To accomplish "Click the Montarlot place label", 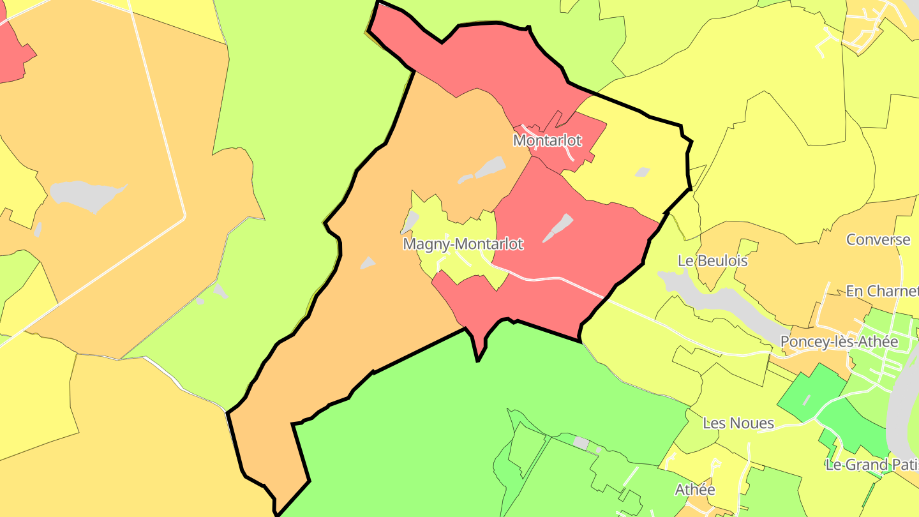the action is [548, 140].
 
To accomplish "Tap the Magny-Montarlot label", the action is [463, 244].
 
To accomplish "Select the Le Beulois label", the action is [712, 260].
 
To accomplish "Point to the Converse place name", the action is [878, 240].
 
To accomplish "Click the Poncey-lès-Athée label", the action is [839, 341].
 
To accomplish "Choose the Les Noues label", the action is [738, 423].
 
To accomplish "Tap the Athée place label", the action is [695, 490].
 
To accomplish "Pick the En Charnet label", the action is [882, 291].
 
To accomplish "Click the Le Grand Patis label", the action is [872, 465].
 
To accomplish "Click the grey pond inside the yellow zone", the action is [642, 172].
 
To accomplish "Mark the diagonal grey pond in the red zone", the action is [558, 228].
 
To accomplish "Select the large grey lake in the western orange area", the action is [86, 195].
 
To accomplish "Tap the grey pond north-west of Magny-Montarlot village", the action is [410, 222].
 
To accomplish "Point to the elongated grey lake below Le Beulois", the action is [721, 299].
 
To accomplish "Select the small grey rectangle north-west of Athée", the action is [581, 442].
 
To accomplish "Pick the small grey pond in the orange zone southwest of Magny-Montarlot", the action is [368, 262].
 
